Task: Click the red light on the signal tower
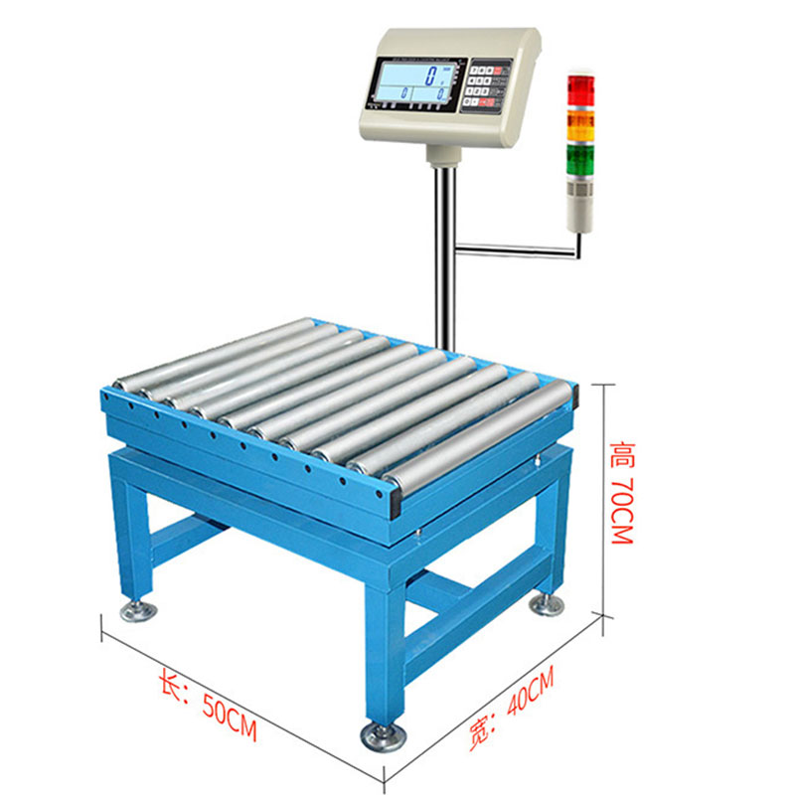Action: (x=579, y=91)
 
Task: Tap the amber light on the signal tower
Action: (x=579, y=124)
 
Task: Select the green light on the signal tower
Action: (x=579, y=159)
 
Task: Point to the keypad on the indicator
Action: (x=486, y=85)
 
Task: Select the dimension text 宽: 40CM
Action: (x=511, y=707)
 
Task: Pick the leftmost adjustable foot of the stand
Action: (x=136, y=609)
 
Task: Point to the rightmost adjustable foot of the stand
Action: (x=546, y=603)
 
